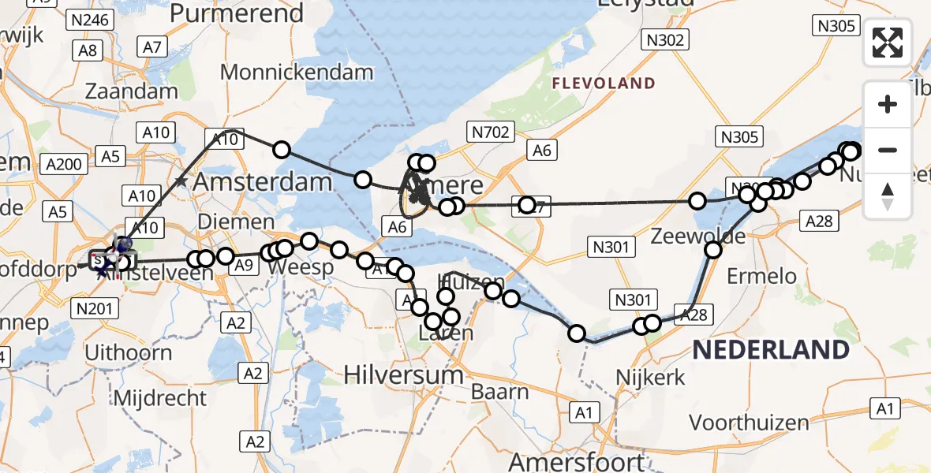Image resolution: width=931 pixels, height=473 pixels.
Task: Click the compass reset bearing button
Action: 888,196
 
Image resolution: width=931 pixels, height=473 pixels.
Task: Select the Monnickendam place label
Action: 297,73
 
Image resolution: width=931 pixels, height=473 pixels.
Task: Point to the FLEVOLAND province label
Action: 604,84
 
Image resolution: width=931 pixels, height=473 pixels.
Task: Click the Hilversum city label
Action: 404,374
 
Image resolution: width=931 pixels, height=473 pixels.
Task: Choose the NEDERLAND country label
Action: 771,350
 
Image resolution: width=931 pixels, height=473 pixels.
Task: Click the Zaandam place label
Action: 131,91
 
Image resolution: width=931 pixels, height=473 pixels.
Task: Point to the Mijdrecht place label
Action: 160,397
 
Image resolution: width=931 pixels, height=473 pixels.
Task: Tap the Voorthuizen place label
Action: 750,423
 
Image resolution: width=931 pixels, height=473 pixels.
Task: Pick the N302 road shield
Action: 665,39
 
